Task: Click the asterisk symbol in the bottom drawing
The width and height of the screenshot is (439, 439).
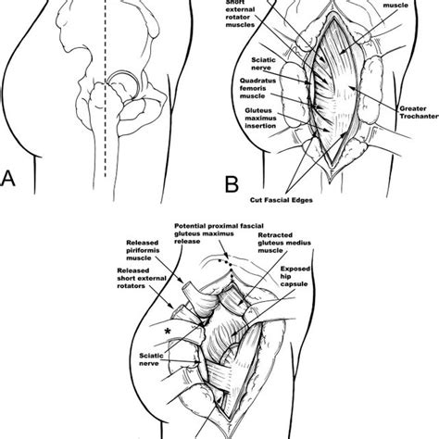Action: (167, 329)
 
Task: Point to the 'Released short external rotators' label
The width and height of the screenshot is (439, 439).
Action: (136, 281)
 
